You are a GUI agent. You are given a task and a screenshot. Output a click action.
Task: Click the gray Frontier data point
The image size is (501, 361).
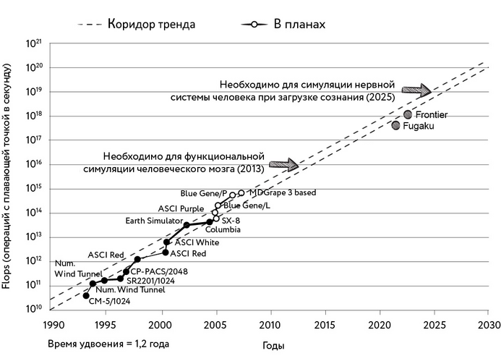(x=408, y=114)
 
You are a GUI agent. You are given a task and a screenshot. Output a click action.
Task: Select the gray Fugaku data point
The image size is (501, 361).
(x=396, y=126)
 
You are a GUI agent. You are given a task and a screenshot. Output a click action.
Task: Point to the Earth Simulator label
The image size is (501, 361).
(x=153, y=220)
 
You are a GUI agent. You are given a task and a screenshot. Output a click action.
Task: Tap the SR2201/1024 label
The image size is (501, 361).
(x=150, y=280)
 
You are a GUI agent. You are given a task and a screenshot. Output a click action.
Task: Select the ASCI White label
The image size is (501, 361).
(x=197, y=242)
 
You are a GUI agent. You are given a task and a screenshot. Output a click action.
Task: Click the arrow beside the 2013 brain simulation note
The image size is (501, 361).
(x=283, y=164)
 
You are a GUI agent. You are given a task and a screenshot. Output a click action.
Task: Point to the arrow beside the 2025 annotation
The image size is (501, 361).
(x=416, y=90)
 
